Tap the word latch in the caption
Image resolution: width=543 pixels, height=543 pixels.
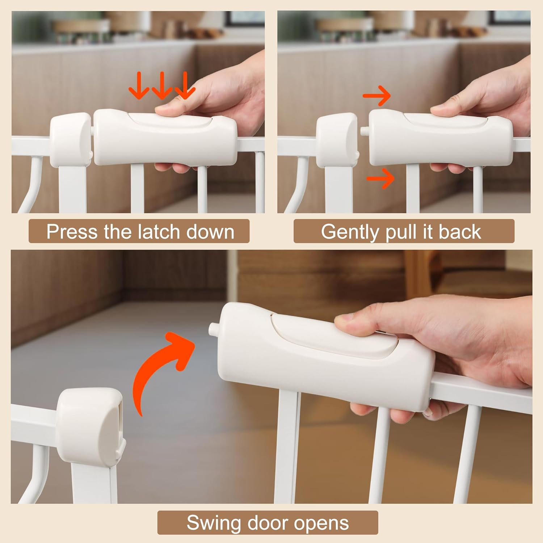click(x=160, y=232)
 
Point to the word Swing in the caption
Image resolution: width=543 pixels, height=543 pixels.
click(x=214, y=523)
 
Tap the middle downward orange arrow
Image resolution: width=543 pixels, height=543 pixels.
click(x=162, y=85)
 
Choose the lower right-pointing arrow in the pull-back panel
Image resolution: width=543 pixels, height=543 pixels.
click(x=380, y=178)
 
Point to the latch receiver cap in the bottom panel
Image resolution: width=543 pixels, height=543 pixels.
click(x=90, y=426)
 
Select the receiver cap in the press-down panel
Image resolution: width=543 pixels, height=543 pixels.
click(x=70, y=140)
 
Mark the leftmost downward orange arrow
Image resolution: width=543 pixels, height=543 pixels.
click(x=139, y=85)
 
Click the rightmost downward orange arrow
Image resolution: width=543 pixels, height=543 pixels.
click(x=185, y=85)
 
